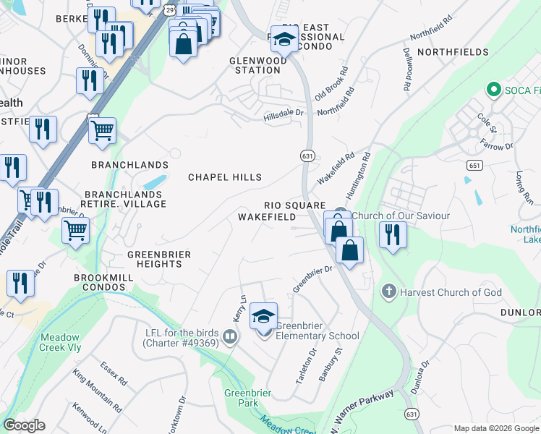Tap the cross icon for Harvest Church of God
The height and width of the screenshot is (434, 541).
(388, 292)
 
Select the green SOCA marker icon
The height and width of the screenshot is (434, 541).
(494, 90)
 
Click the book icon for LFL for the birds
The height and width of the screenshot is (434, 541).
(230, 336)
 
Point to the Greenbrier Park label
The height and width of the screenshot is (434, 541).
(242, 398)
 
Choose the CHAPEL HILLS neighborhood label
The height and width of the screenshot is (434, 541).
(225, 177)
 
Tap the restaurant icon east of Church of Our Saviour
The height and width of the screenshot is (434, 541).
(393, 235)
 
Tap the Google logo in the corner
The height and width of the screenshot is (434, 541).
(24, 425)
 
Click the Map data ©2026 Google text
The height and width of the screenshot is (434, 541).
(495, 428)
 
